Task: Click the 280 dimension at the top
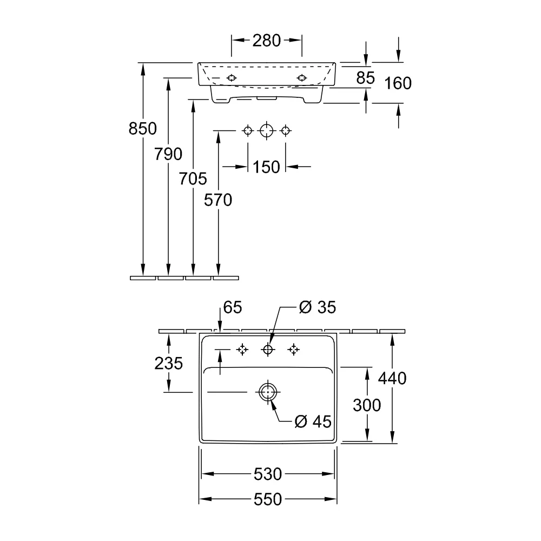[x=266, y=41]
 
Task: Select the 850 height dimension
[x=142, y=129]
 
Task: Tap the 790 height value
[x=168, y=154]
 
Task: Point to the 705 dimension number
[x=193, y=179]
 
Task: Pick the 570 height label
[x=218, y=200]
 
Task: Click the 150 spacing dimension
[x=266, y=167]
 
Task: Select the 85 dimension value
[x=365, y=78]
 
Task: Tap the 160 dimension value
[x=398, y=83]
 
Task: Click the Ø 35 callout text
[x=318, y=307]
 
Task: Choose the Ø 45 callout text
[x=313, y=421]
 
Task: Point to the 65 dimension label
[x=233, y=307]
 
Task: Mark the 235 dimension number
[x=168, y=364]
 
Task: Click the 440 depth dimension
[x=392, y=379]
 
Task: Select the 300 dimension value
[x=367, y=405]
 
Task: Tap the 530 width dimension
[x=268, y=474]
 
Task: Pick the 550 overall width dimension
[x=268, y=499]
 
